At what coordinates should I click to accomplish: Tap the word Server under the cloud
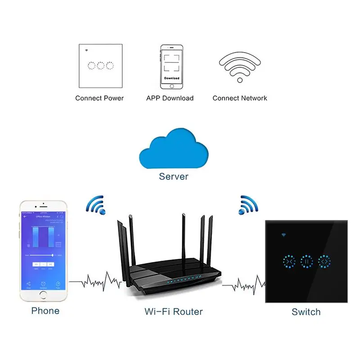pyautogui.click(x=173, y=176)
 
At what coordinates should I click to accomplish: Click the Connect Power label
pyautogui.click(x=99, y=98)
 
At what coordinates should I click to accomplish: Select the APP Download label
pyautogui.click(x=170, y=98)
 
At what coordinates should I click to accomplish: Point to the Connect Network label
pyautogui.click(x=240, y=98)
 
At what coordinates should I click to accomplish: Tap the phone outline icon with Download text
pyautogui.click(x=171, y=67)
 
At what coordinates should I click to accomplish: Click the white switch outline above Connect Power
pyautogui.click(x=99, y=66)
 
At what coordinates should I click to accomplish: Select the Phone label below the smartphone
pyautogui.click(x=45, y=310)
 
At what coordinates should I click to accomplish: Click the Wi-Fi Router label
pyautogui.click(x=174, y=311)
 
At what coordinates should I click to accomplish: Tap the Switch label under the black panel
pyautogui.click(x=306, y=311)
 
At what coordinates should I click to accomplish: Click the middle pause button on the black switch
pyautogui.click(x=306, y=261)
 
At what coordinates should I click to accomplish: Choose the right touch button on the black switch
pyautogui.click(x=324, y=261)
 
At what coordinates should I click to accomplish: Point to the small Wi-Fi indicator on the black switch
pyautogui.click(x=284, y=234)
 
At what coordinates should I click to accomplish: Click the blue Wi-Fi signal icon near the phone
pyautogui.click(x=96, y=205)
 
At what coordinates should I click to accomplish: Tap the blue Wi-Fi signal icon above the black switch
pyautogui.click(x=249, y=205)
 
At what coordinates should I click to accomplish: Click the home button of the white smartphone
pyautogui.click(x=44, y=295)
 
